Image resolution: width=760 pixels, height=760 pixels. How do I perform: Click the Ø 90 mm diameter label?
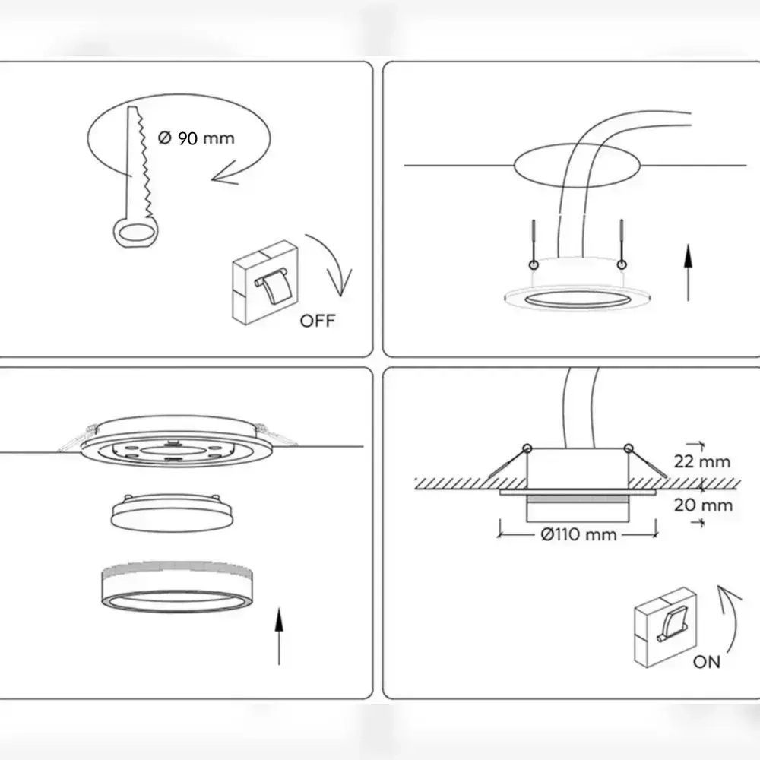pyautogui.click(x=196, y=138)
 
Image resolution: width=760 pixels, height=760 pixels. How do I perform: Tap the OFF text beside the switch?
pyautogui.click(x=318, y=321)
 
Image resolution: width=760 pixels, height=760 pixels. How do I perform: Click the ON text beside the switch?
pyautogui.click(x=707, y=662)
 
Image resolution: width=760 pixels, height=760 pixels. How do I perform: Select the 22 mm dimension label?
pyautogui.click(x=701, y=461)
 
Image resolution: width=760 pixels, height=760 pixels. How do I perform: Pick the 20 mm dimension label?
pyautogui.click(x=703, y=505)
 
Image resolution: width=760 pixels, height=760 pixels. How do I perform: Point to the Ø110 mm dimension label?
pyautogui.click(x=578, y=534)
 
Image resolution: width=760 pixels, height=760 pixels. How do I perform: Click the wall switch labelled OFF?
pyautogui.click(x=264, y=282)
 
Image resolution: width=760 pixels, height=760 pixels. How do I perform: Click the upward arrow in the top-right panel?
pyautogui.click(x=688, y=273)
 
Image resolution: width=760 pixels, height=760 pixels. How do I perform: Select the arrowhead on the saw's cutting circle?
pyautogui.click(x=224, y=175)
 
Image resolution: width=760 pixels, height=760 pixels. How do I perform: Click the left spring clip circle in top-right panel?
pyautogui.click(x=534, y=264)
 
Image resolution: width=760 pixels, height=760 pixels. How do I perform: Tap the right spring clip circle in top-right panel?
pyautogui.click(x=622, y=264)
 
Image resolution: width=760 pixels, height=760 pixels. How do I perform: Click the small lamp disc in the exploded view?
pyautogui.click(x=172, y=513)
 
